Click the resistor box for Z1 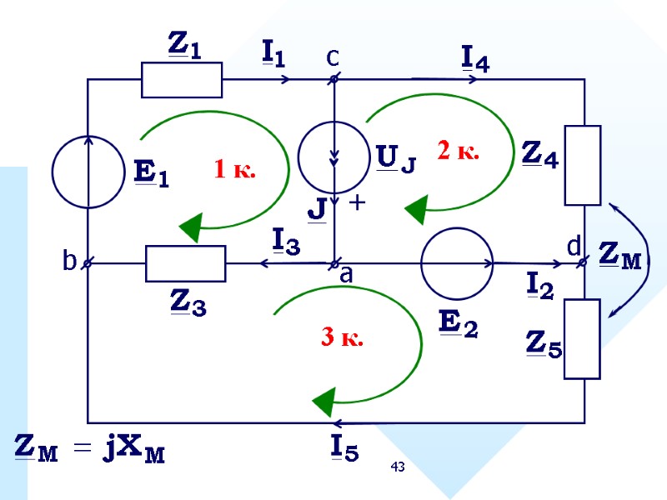click(x=182, y=80)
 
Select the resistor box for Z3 click(x=185, y=263)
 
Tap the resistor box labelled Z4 click(x=583, y=165)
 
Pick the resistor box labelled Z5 click(x=583, y=338)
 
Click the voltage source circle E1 click(x=88, y=172)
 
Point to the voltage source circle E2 click(x=458, y=263)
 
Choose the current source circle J click(x=335, y=157)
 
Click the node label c click(x=333, y=57)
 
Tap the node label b click(x=69, y=262)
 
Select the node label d click(x=574, y=247)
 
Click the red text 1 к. click(x=234, y=171)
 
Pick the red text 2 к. click(x=458, y=151)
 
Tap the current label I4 click(x=475, y=57)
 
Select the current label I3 click(x=287, y=242)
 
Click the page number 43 click(x=399, y=467)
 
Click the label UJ click(x=396, y=157)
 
